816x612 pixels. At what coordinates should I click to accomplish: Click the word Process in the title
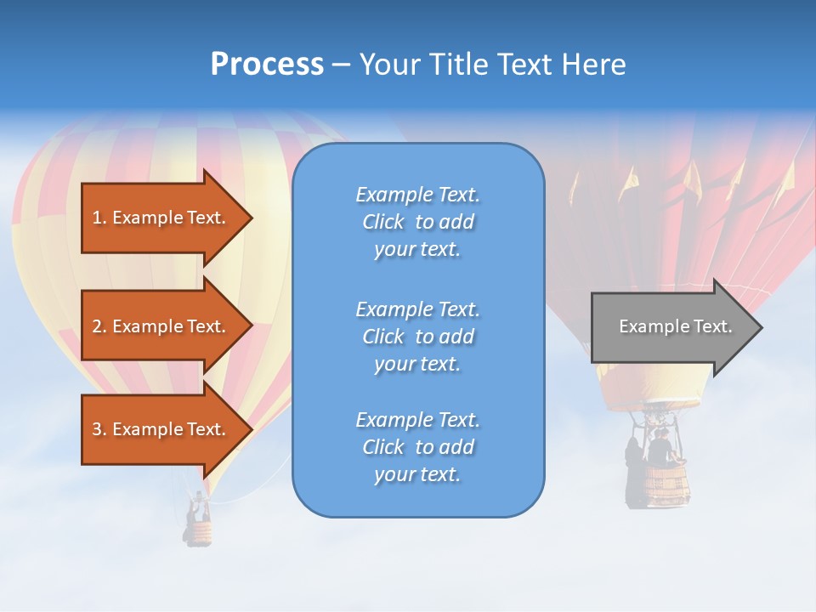[x=267, y=65]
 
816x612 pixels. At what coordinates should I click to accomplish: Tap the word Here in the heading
[x=593, y=65]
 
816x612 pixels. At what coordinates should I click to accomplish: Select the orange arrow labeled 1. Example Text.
[x=161, y=218]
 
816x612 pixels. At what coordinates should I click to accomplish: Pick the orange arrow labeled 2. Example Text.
[x=161, y=326]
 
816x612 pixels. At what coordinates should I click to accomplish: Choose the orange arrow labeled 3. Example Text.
[x=161, y=429]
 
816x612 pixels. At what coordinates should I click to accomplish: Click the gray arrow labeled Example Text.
[x=671, y=327]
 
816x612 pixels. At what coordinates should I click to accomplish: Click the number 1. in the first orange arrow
[x=99, y=218]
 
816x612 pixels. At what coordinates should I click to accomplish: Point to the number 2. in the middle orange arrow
[x=99, y=326]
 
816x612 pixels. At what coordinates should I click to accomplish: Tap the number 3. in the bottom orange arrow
[x=99, y=429]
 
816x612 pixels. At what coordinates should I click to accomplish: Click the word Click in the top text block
[x=383, y=222]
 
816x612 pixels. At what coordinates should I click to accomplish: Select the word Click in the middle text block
[x=383, y=337]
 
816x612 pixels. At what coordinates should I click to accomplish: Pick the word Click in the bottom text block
[x=383, y=447]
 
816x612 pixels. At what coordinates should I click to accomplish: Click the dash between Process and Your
[x=341, y=65]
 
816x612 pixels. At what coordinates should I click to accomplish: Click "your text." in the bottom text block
[x=416, y=475]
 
